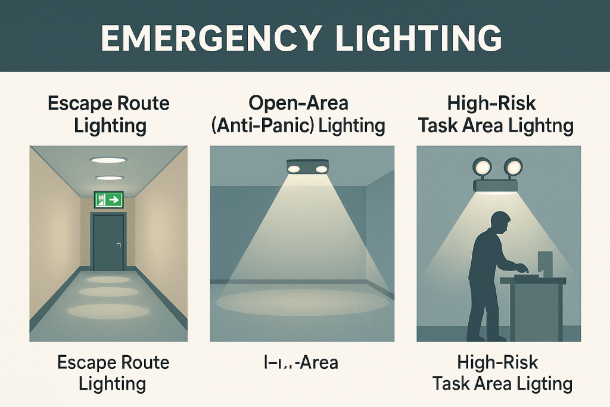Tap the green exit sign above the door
point(108,199)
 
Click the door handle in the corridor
point(120,244)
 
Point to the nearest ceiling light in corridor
point(108,159)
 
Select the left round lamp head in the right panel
point(481,166)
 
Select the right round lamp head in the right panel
point(513,166)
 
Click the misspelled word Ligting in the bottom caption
point(544,383)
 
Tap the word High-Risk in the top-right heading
point(491,104)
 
